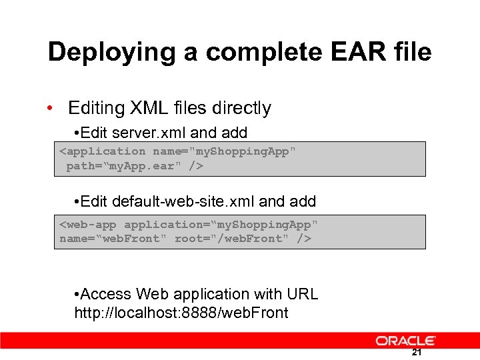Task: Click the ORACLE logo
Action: point(406,341)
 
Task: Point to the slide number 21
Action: point(417,353)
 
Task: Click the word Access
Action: point(106,294)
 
